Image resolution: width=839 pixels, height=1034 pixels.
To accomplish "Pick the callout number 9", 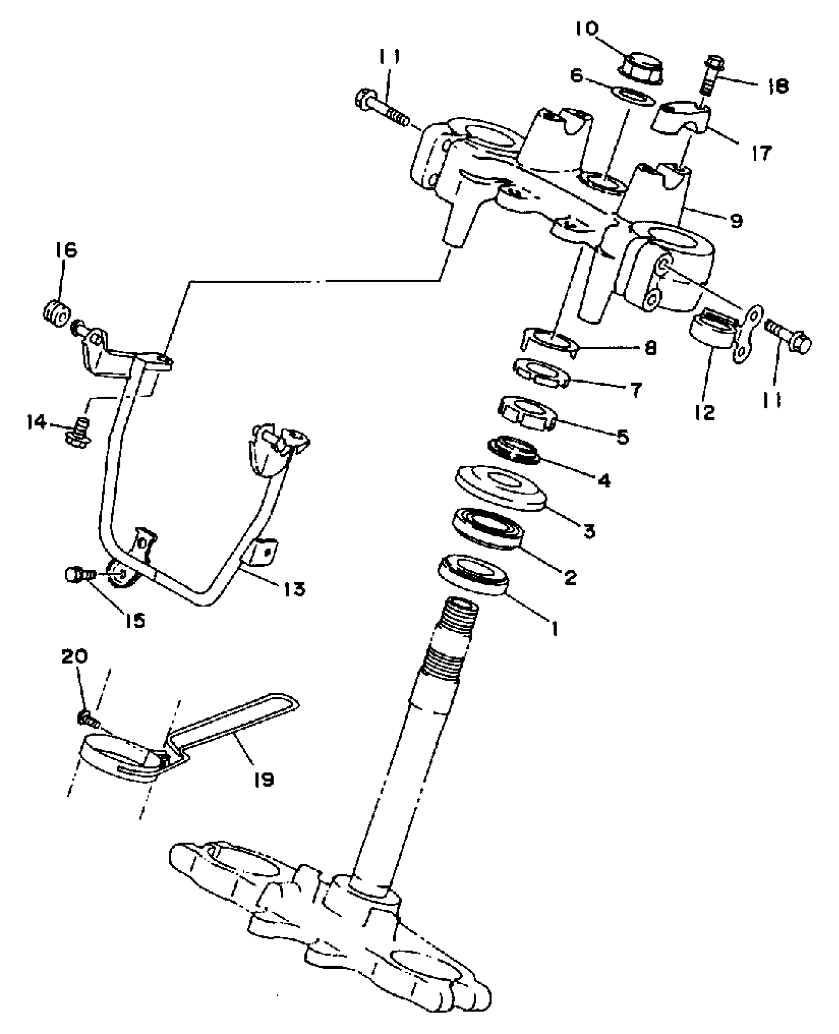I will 736,221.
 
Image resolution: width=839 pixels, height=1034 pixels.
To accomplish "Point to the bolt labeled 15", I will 78,575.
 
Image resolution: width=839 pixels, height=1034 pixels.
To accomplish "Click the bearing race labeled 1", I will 473,574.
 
